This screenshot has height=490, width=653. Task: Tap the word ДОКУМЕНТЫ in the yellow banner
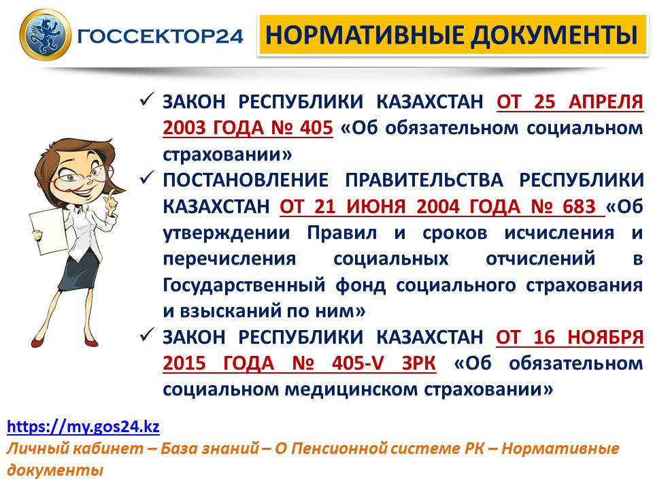point(554,35)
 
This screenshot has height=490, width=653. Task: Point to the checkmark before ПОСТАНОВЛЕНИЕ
point(147,178)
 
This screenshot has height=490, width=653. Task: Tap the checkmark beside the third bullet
point(147,334)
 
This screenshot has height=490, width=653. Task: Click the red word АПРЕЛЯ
point(606,101)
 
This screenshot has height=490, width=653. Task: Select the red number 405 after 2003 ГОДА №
point(316,127)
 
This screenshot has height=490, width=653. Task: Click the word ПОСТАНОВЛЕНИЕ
point(246,180)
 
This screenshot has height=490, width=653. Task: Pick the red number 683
point(580,206)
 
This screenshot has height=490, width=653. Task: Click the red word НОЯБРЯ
point(605,337)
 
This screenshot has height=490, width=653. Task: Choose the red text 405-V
point(358,363)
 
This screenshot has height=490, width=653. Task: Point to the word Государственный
point(244,285)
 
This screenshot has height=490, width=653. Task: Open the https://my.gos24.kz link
point(83,427)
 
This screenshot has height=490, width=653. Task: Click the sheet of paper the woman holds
point(47,231)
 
